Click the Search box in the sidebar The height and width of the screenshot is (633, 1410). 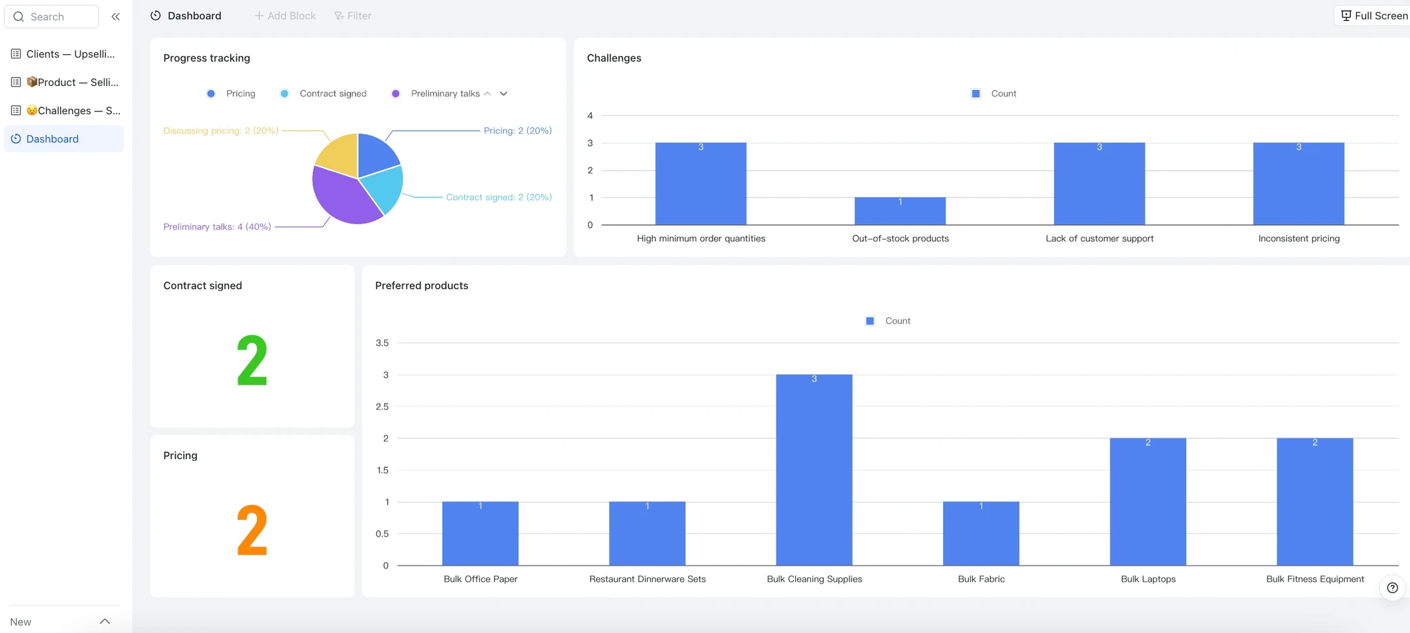pos(52,17)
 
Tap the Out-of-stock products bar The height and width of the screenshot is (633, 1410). pos(900,211)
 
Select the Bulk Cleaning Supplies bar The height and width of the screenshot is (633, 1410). pos(814,470)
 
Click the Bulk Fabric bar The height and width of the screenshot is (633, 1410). pos(981,533)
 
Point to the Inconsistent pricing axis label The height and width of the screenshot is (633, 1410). pos(1298,239)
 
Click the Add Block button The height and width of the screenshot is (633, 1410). pos(285,16)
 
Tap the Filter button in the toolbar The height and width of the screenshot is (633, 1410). pos(352,16)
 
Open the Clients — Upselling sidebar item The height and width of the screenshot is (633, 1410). pos(64,54)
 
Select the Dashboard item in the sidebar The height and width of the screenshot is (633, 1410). pos(64,139)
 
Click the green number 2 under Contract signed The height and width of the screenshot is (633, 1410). pos(252,361)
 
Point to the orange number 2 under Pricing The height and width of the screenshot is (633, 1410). pos(252,530)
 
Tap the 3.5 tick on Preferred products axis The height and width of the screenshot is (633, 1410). pos(382,343)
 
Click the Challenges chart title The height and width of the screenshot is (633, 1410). pos(613,58)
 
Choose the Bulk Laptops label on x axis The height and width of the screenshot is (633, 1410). pos(1148,579)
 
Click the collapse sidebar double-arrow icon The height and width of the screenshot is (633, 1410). pos(116,17)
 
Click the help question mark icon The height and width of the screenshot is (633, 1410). pos(1392,588)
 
